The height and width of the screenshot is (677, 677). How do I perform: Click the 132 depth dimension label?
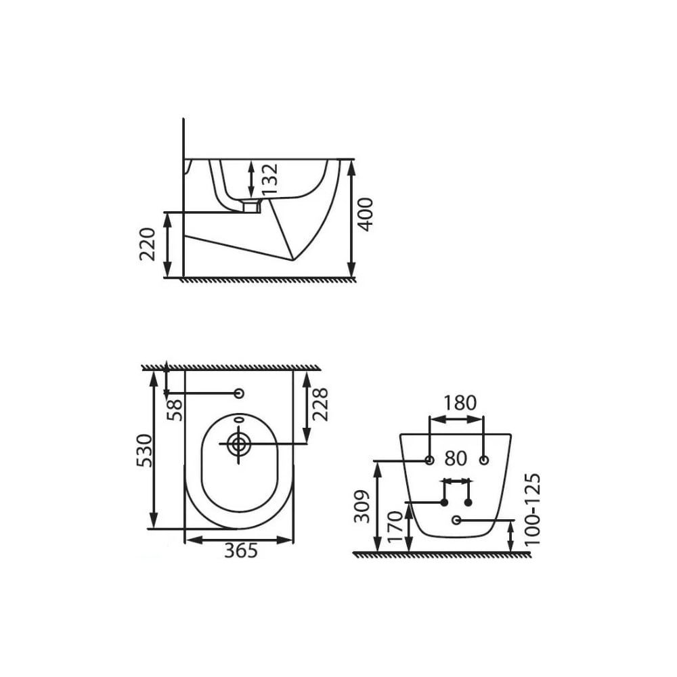point(270,179)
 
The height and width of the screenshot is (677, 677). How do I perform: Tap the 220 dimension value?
point(148,244)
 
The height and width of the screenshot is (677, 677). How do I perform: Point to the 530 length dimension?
point(144,450)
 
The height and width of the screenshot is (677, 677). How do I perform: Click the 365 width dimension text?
point(241,550)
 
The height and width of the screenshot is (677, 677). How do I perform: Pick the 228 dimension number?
point(320,405)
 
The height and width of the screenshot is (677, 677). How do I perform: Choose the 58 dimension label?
point(175,410)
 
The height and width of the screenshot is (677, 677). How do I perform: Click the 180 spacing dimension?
point(460,403)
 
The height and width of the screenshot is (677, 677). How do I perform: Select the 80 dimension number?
point(456,458)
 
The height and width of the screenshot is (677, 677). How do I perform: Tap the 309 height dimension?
point(362,506)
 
